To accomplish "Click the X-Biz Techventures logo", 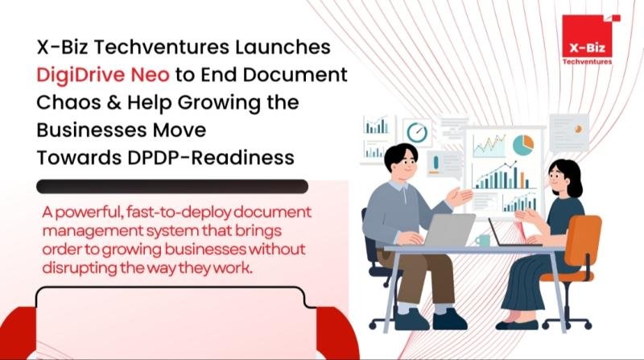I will (586, 41).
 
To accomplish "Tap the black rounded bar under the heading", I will (173, 187).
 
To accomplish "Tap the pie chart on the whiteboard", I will (523, 144).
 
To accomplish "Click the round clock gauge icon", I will (417, 132).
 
